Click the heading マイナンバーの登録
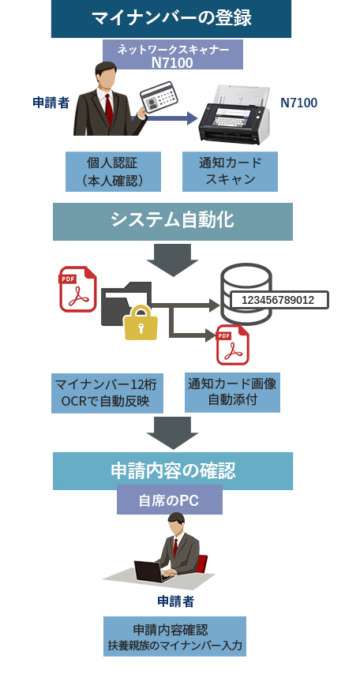point(171,18)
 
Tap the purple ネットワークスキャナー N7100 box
point(172,54)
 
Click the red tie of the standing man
point(109,109)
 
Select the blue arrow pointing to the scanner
point(167,118)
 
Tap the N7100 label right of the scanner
point(299,103)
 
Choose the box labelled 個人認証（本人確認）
point(113,171)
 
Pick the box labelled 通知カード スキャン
point(230,171)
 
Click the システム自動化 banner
point(172,221)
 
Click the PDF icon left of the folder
point(78,289)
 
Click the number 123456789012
point(278,300)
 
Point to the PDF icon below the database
point(233,345)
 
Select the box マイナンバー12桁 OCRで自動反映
point(107,393)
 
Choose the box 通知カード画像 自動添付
point(232,392)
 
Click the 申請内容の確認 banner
point(173,471)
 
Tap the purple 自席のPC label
point(170,500)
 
